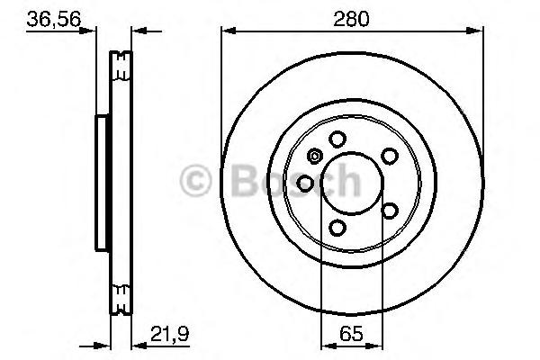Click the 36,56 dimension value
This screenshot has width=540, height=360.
click(x=54, y=19)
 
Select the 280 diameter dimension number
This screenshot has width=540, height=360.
click(x=351, y=19)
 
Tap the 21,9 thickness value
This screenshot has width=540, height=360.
click(x=169, y=334)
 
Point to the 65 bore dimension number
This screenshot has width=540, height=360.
click(x=351, y=334)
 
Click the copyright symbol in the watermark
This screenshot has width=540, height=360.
click(x=195, y=181)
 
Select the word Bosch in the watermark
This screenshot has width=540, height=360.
click(x=296, y=180)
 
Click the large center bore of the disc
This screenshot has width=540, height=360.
click(x=352, y=184)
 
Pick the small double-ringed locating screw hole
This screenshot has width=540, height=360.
click(x=314, y=156)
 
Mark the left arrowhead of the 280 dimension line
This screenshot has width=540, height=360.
click(x=229, y=31)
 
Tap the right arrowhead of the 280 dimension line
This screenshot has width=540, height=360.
click(x=475, y=31)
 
